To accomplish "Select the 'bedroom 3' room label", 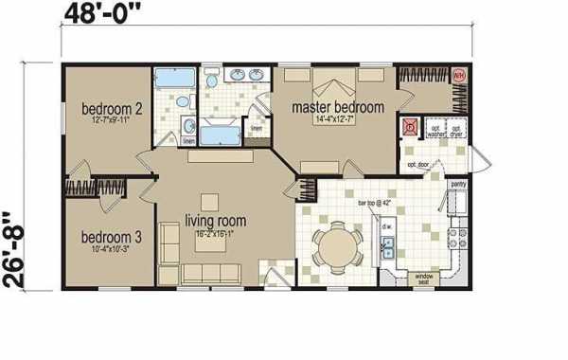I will coord(109,236).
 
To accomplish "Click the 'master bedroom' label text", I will coord(338,107).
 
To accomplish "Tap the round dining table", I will coord(337,247).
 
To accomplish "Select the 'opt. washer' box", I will coord(436,131).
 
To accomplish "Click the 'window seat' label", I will coord(423,279).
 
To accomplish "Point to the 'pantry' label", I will coord(458,185).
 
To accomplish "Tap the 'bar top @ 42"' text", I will coord(374,204).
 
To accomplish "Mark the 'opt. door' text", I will coord(418,165).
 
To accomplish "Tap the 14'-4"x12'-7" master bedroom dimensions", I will coord(338,120).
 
